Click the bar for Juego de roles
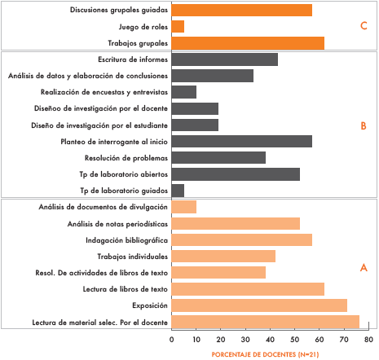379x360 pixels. click(x=178, y=27)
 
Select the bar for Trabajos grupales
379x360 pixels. click(x=248, y=43)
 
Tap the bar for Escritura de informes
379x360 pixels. click(x=225, y=59)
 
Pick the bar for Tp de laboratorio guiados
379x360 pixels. click(x=178, y=191)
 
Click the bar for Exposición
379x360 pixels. click(x=259, y=305)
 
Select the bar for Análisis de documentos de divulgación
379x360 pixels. click(x=184, y=207)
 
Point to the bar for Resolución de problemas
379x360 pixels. click(x=218, y=158)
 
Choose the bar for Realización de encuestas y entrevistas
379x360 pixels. click(x=184, y=92)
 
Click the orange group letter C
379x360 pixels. click(x=364, y=26)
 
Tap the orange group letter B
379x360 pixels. click(x=364, y=126)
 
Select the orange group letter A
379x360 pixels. click(x=364, y=268)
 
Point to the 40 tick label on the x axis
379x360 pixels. click(x=270, y=340)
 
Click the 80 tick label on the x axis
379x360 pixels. click(x=368, y=340)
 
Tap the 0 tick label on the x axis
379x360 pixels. click(x=171, y=340)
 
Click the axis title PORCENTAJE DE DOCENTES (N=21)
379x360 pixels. click(x=265, y=354)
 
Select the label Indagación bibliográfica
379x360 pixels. click(x=126, y=240)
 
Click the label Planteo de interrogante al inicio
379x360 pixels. click(x=114, y=142)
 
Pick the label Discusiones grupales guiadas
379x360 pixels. click(x=119, y=10)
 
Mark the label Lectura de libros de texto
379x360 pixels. click(x=126, y=289)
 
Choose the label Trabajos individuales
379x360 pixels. click(x=133, y=257)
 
